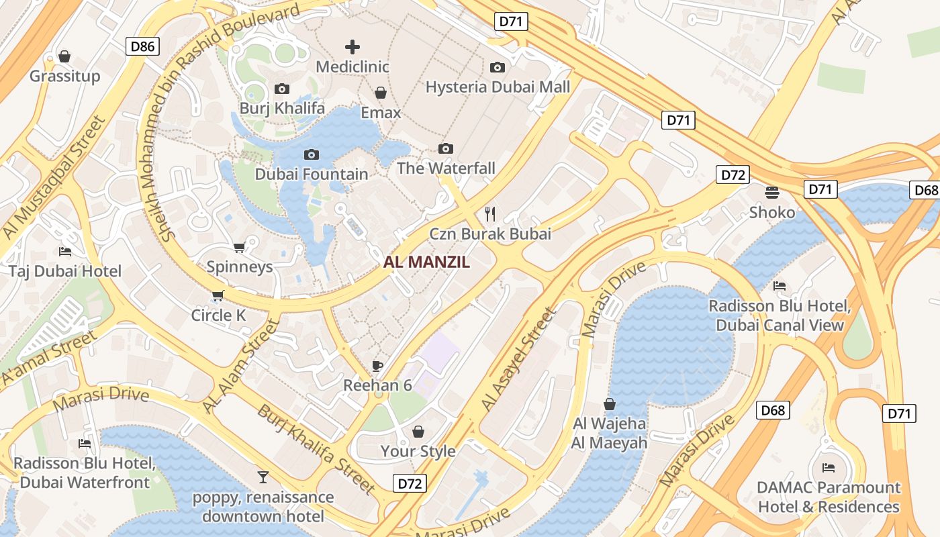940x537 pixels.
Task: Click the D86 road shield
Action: click(x=142, y=46)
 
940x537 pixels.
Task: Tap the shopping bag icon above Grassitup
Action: click(x=64, y=56)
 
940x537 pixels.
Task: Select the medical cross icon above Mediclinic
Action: click(x=352, y=46)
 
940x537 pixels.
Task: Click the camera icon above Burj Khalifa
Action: click(x=282, y=89)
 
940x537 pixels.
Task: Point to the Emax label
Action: click(x=381, y=112)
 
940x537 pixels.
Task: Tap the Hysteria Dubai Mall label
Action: click(x=498, y=87)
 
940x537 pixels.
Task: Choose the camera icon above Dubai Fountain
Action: click(x=312, y=154)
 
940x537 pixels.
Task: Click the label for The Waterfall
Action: click(x=446, y=168)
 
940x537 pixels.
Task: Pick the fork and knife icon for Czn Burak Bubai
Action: click(x=490, y=214)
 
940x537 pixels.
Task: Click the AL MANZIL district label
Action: click(x=426, y=262)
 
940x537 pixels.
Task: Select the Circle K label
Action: click(x=219, y=315)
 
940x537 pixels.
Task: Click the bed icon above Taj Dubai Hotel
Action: click(x=65, y=252)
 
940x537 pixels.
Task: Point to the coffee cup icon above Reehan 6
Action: click(x=377, y=366)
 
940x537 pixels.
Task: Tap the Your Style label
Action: click(x=418, y=451)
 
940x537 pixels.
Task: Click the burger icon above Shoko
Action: click(x=772, y=193)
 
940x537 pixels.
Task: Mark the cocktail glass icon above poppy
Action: click(x=263, y=477)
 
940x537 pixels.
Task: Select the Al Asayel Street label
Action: click(x=519, y=359)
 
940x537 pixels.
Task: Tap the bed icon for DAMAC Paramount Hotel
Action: click(x=829, y=467)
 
